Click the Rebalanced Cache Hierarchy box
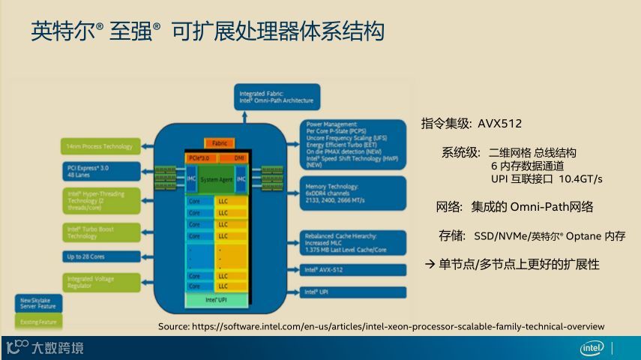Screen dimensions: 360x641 click(353, 242)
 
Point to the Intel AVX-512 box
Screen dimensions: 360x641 click(353, 269)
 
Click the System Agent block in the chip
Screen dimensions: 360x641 click(216, 179)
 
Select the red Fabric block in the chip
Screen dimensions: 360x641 click(219, 142)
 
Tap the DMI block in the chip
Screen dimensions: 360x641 click(238, 157)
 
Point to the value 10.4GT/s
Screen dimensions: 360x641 click(581, 179)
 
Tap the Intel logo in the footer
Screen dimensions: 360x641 click(592, 348)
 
